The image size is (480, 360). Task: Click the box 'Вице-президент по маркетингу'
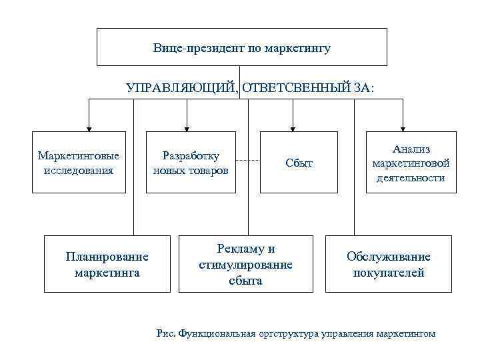click(241, 47)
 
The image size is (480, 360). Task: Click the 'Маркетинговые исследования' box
click(79, 162)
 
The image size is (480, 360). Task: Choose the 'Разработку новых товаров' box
click(191, 162)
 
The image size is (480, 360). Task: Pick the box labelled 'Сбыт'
click(299, 163)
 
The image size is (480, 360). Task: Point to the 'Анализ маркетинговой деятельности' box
click(411, 163)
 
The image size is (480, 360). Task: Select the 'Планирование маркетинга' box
click(107, 264)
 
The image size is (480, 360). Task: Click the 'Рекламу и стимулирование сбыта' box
click(246, 264)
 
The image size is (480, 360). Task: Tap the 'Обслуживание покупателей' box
click(388, 264)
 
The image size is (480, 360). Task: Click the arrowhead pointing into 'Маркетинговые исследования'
click(88, 127)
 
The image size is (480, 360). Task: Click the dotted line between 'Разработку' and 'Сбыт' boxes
click(247, 161)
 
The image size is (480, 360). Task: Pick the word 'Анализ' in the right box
click(411, 149)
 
